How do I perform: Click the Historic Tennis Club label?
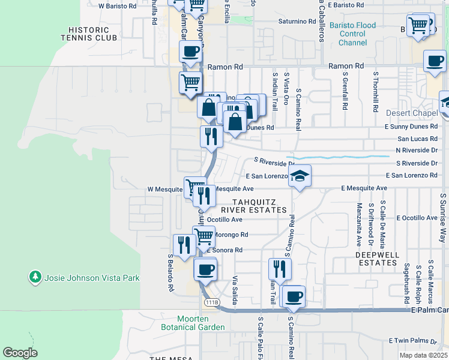click(x=88, y=34)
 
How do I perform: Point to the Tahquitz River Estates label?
click(x=253, y=206)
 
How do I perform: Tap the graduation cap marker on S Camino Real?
click(x=300, y=176)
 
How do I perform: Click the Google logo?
click(x=20, y=353)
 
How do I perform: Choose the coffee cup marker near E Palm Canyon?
click(x=294, y=296)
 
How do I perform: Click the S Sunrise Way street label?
click(x=443, y=215)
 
